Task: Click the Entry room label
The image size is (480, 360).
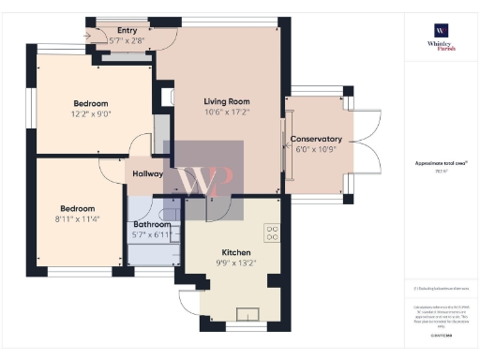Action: pyautogui.click(x=127, y=31)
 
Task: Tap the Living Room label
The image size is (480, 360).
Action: pyautogui.click(x=227, y=101)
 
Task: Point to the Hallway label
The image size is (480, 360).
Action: pyautogui.click(x=148, y=173)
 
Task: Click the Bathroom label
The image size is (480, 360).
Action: pyautogui.click(x=151, y=225)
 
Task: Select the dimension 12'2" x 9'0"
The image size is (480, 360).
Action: pyautogui.click(x=92, y=114)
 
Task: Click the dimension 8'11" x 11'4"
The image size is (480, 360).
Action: pyautogui.click(x=80, y=218)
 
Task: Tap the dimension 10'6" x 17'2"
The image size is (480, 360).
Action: pyautogui.click(x=227, y=112)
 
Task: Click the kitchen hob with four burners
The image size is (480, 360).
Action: pyautogui.click(x=272, y=232)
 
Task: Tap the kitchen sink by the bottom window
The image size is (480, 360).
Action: pyautogui.click(x=248, y=314)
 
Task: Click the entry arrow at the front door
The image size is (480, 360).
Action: pyautogui.click(x=87, y=37)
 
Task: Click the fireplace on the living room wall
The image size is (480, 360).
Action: pyautogui.click(x=166, y=97)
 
